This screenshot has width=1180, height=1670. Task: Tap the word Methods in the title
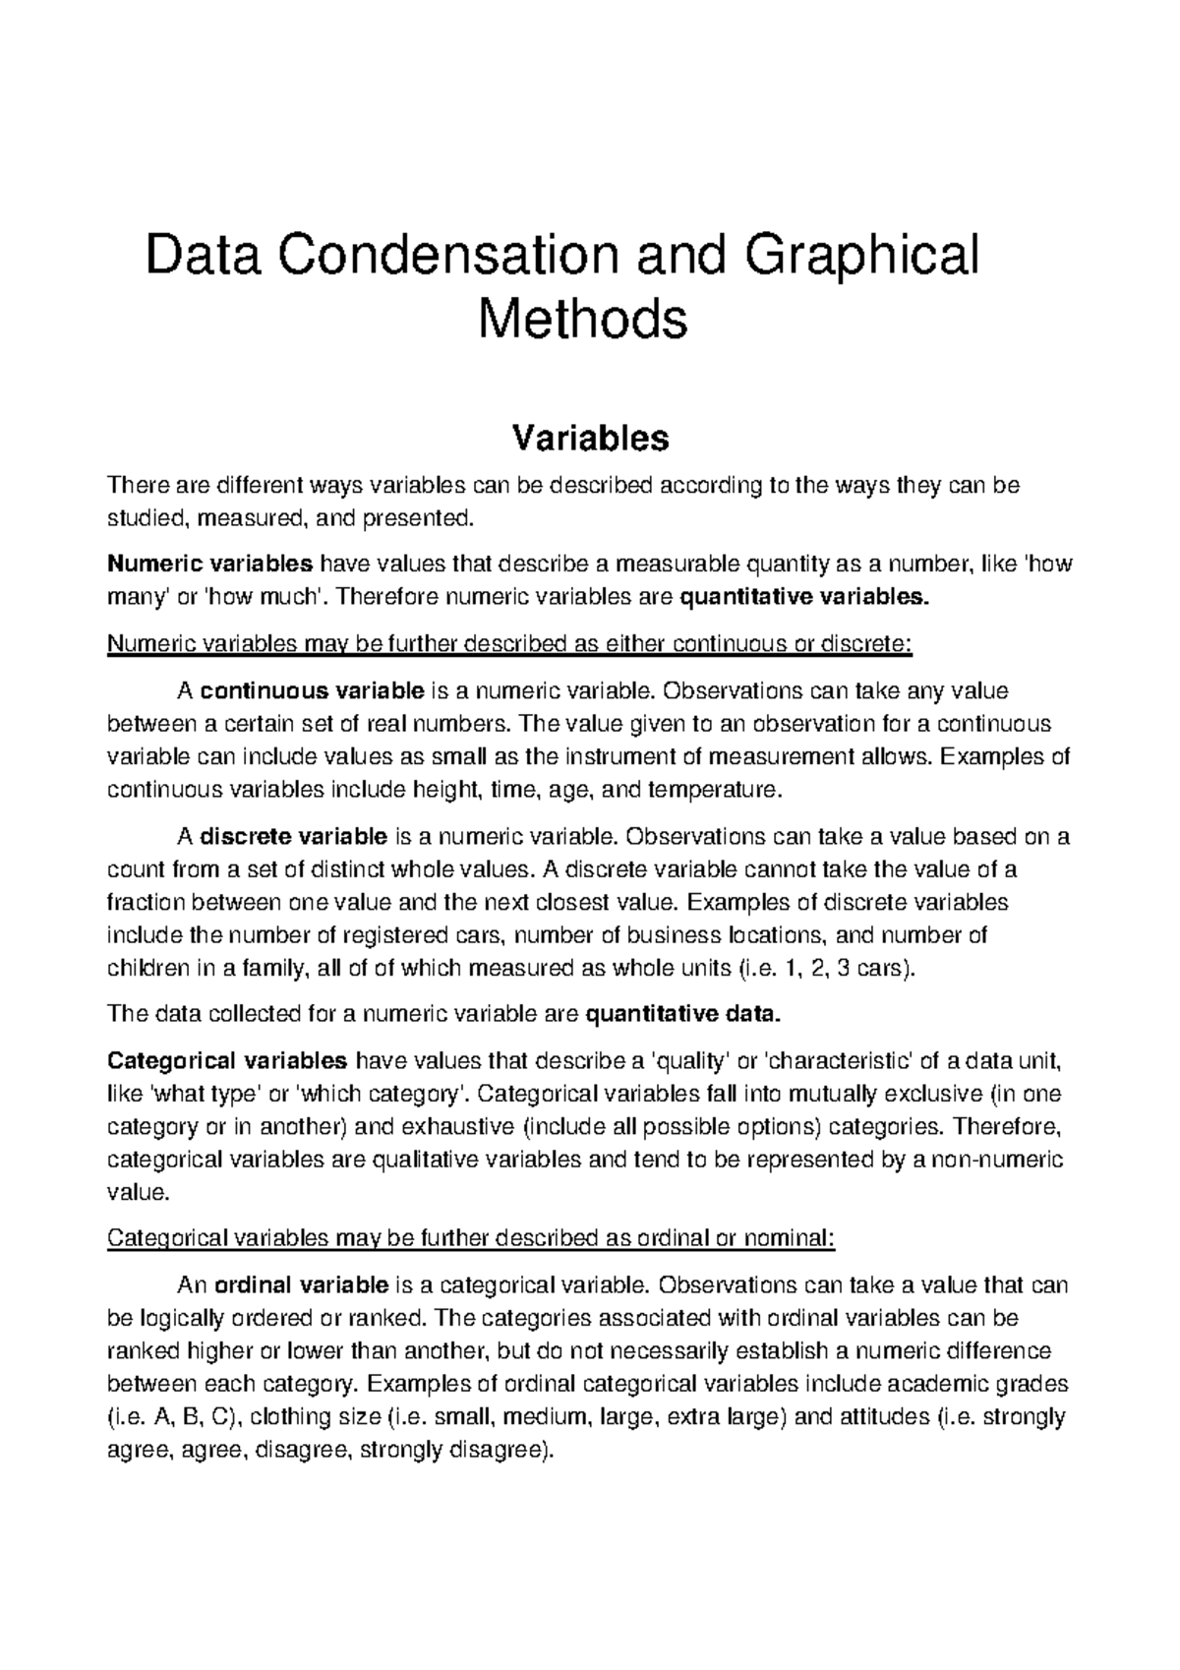click(582, 320)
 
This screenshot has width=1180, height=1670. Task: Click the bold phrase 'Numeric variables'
click(209, 565)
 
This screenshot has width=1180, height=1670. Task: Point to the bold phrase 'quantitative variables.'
click(803, 597)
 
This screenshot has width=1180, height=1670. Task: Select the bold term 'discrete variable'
click(293, 838)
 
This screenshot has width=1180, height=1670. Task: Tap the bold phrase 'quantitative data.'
click(682, 1014)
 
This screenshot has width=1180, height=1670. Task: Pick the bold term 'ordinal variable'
click(300, 1285)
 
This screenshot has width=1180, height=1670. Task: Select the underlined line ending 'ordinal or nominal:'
click(469, 1238)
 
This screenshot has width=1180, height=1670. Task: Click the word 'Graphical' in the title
click(862, 257)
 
